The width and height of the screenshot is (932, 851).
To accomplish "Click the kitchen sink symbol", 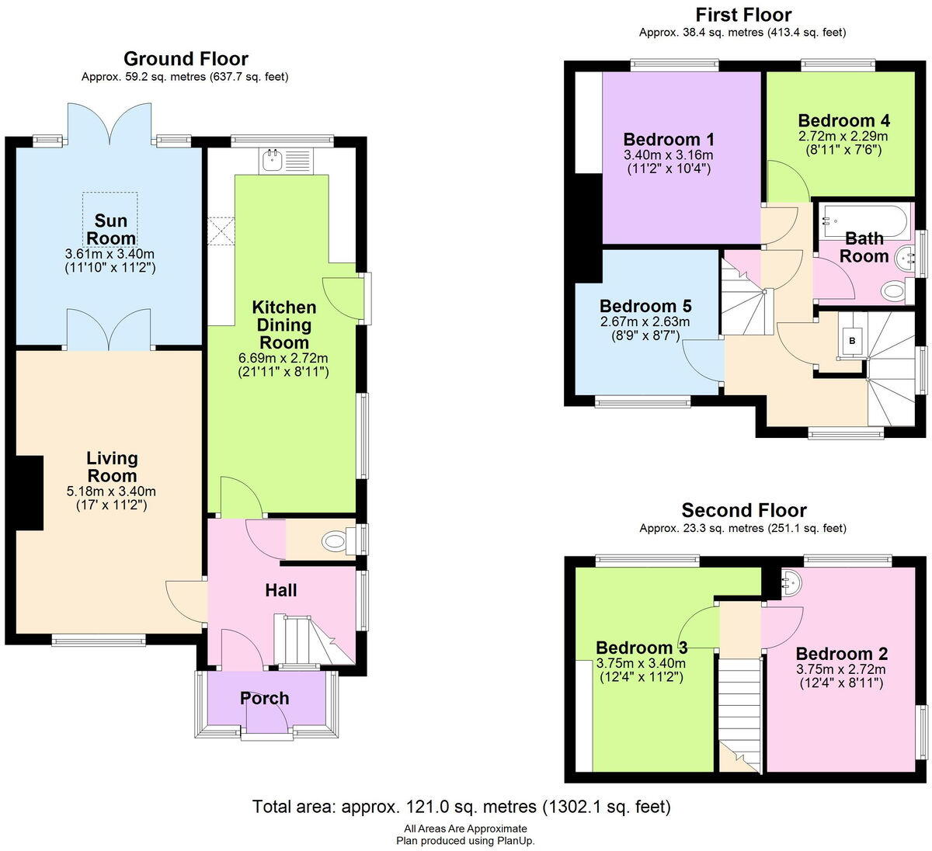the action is point(286,162).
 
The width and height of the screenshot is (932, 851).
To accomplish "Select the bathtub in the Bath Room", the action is point(864,222).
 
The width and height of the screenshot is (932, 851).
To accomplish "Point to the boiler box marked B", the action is point(852,341).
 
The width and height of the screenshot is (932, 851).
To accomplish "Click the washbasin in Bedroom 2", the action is point(791,581).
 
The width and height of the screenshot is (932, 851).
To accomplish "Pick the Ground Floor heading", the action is point(186,59).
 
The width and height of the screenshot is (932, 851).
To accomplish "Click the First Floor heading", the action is point(743,16).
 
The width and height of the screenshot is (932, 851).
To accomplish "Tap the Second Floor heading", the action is point(744,510).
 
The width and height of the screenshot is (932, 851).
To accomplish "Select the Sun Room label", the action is point(111,229).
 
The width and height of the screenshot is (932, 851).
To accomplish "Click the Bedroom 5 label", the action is point(645,306).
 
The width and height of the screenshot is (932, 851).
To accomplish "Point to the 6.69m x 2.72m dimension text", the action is point(283,358).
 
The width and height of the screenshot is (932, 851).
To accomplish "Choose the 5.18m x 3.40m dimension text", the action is point(112,491).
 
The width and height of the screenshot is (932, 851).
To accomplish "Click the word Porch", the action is point(264,698).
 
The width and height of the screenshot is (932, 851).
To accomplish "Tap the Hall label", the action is point(280,590).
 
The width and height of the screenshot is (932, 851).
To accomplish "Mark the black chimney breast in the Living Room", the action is point(30,492).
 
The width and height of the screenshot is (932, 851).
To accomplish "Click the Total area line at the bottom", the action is point(461,807).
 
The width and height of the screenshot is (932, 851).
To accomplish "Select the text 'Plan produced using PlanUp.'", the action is point(465,840).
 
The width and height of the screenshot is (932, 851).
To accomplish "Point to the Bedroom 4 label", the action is point(843,121).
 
